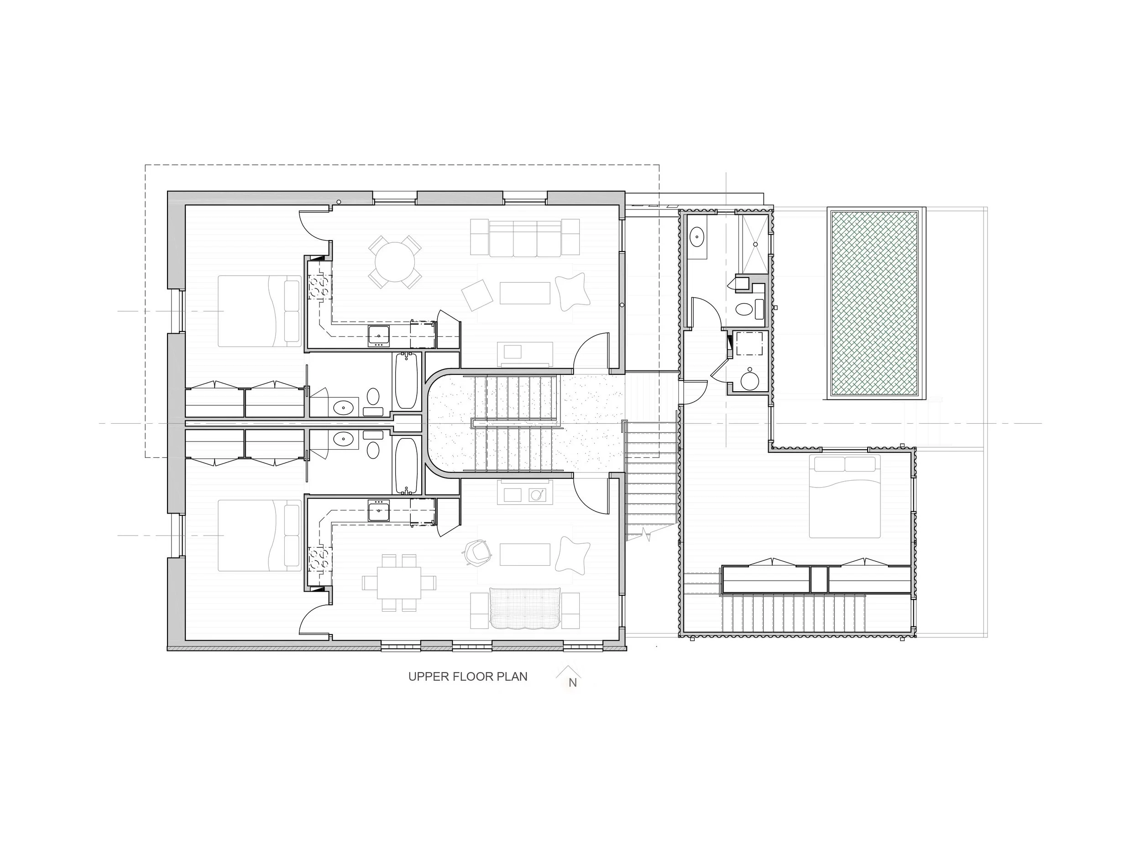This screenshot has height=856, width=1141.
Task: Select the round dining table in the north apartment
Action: coord(395,262)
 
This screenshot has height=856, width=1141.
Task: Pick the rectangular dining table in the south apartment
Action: coord(399,583)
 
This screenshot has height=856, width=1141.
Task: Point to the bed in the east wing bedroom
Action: coord(844,496)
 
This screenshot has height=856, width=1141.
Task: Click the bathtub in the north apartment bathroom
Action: coord(407,380)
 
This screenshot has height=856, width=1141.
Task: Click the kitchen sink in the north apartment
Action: coord(379,336)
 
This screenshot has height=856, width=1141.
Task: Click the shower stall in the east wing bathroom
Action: coord(755,243)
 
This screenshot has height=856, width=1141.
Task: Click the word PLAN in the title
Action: coord(512,677)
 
